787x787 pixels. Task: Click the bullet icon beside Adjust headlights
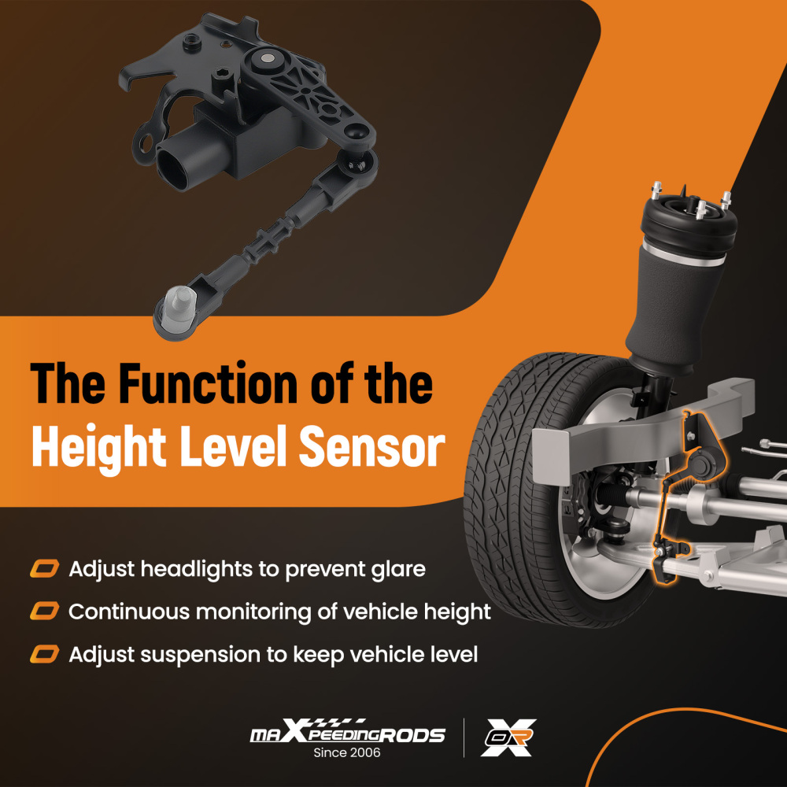pos(45,568)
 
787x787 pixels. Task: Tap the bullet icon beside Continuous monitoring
pos(45,611)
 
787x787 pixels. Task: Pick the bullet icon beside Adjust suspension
pos(45,653)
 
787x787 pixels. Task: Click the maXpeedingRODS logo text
pos(347,734)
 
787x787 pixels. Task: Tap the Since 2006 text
pos(347,753)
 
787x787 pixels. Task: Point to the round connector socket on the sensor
pos(176,161)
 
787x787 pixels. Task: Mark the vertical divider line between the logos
pos(464,737)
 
